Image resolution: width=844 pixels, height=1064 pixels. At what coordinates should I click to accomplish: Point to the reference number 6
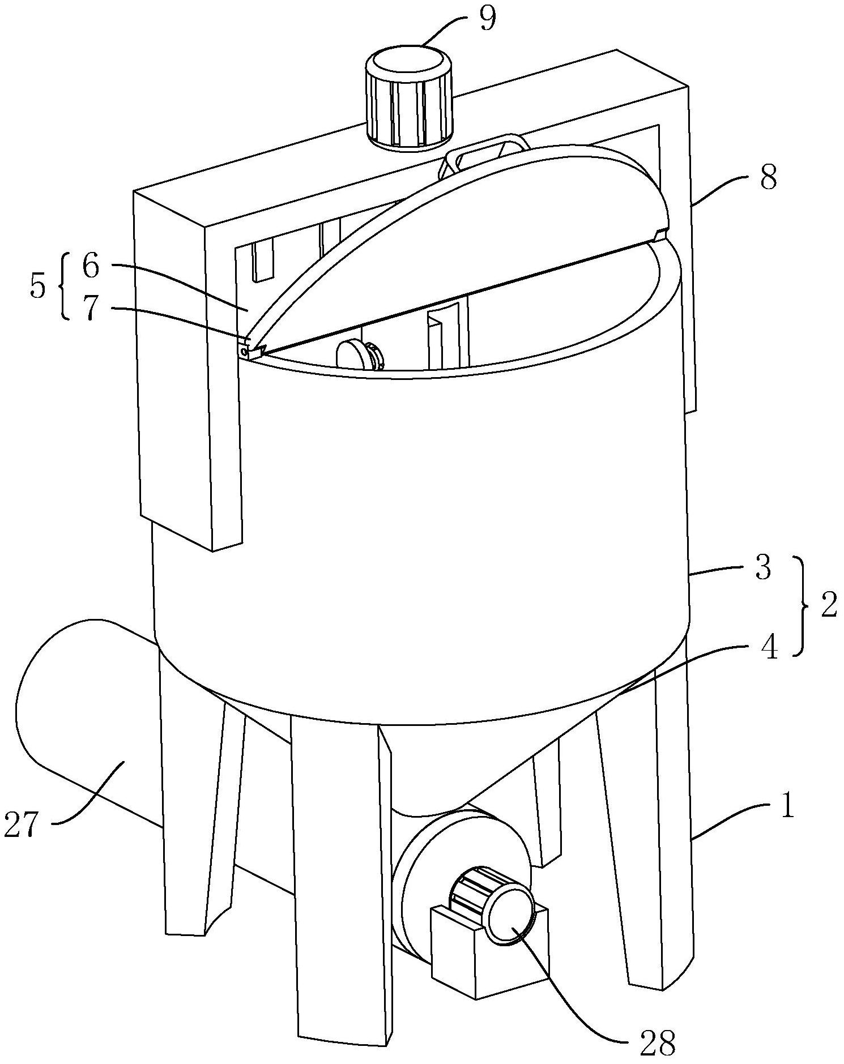[x=91, y=266]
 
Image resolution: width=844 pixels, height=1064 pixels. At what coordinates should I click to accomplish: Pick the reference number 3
[x=763, y=567]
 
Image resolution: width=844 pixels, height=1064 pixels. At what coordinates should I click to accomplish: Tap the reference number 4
[x=769, y=648]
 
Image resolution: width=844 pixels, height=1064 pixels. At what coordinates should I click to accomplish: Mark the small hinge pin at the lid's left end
[x=244, y=352]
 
